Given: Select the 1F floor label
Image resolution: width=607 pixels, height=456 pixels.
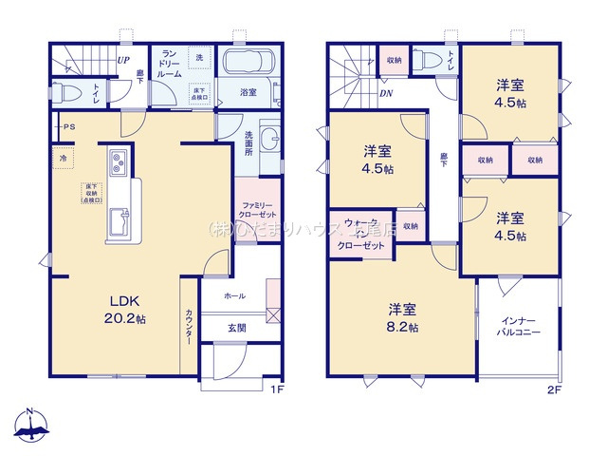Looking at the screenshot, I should [x=276, y=389].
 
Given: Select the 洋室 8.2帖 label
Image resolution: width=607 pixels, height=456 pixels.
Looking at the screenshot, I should [x=402, y=317].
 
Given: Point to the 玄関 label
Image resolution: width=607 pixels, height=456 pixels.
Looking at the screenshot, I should [x=234, y=328].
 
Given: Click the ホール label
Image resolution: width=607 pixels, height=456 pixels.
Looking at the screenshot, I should [x=234, y=296].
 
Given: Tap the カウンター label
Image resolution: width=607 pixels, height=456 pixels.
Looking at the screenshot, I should [x=189, y=328].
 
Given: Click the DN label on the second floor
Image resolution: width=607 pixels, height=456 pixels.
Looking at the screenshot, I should [x=385, y=93].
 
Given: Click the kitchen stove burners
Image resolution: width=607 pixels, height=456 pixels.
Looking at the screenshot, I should [x=117, y=163].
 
